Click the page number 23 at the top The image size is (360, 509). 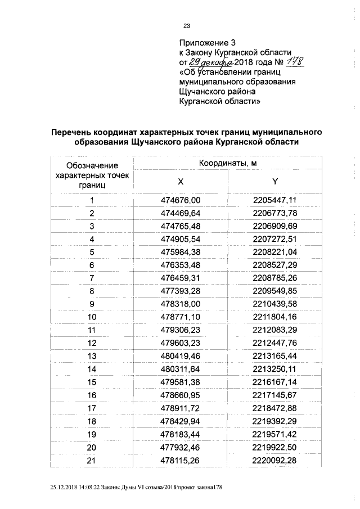(187, 25)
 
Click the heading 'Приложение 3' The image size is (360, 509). (206, 42)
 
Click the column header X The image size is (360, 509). (180, 182)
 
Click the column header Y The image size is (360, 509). (275, 182)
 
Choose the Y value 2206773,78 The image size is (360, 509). (275, 214)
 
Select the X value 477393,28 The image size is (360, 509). (180, 291)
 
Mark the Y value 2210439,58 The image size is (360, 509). (275, 304)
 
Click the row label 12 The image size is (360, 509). (92, 343)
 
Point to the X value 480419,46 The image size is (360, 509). (180, 356)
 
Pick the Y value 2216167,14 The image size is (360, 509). (275, 382)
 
